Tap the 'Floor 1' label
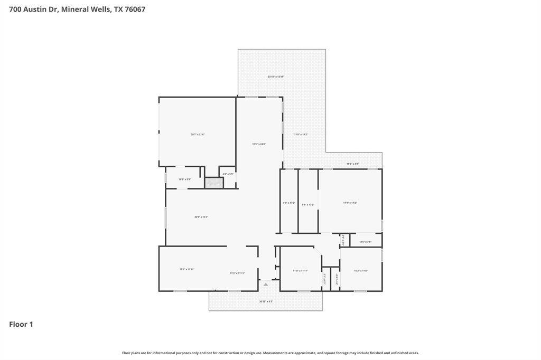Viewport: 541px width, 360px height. click(21, 324)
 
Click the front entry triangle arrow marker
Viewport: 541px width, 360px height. click(266, 285)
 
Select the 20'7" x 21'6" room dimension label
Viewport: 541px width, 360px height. click(198, 135)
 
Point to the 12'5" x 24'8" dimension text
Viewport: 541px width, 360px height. click(259, 144)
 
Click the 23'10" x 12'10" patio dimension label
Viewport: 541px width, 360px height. click(276, 77)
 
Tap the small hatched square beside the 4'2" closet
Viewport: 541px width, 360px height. click(214, 183)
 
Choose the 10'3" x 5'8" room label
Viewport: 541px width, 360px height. click(184, 179)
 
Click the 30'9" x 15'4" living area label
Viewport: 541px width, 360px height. click(201, 216)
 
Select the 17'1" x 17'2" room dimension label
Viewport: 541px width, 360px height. click(350, 203)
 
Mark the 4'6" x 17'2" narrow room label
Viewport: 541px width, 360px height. click(289, 203)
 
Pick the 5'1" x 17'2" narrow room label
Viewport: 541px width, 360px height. click(308, 204)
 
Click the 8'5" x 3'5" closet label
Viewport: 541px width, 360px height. click(366, 242)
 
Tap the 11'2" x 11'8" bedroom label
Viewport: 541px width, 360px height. click(361, 271)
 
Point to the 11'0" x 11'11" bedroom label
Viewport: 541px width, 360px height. click(300, 271)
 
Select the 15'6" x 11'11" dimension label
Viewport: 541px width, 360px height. click(187, 269)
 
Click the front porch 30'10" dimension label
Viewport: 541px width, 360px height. click(266, 301)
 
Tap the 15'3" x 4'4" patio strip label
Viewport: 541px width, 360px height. click(352, 164)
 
